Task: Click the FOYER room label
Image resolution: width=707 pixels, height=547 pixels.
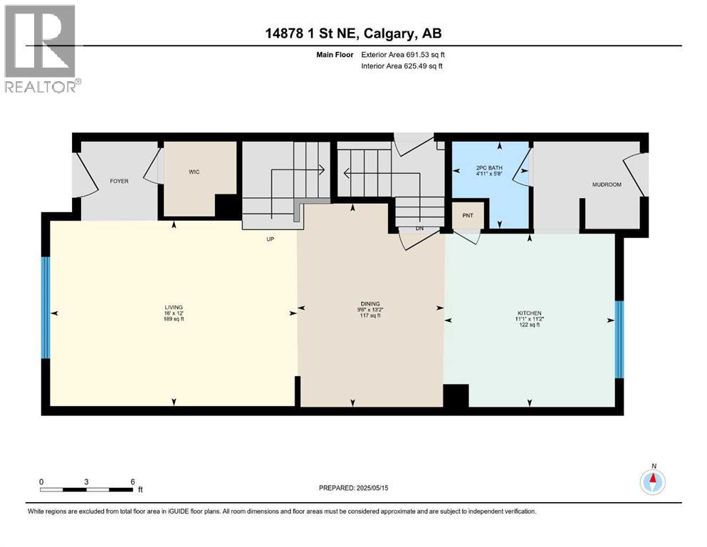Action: coord(119,182)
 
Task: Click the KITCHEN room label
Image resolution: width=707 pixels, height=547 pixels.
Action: coord(529,313)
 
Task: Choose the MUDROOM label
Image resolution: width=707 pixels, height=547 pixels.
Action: coord(607,184)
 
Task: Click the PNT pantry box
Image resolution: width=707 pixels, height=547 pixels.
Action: coord(467,216)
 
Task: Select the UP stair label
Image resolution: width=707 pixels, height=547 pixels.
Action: coord(270,239)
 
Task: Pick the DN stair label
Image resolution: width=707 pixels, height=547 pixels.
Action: coord(421,229)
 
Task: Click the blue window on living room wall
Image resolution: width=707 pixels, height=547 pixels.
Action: coord(46,307)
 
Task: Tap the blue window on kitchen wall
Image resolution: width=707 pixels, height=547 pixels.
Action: coord(619,339)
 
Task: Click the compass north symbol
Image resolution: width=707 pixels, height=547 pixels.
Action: coord(652,482)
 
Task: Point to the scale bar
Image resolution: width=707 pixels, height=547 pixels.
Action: coord(87,489)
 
